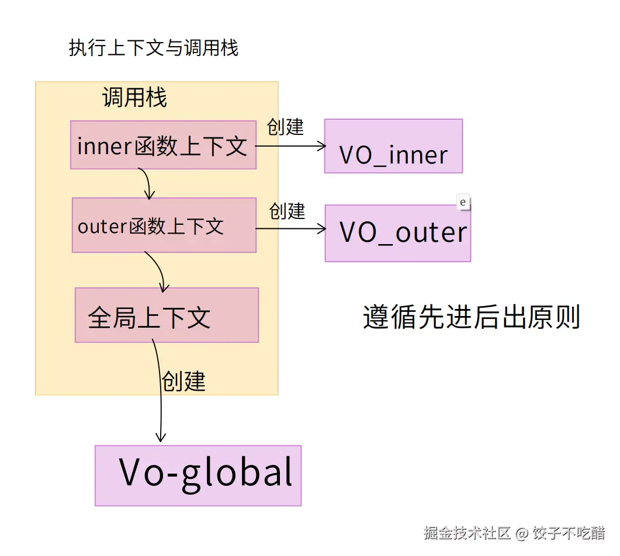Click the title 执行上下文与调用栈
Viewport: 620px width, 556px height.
[154, 48]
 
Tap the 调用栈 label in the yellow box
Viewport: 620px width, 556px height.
[135, 98]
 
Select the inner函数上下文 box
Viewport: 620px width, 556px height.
[163, 145]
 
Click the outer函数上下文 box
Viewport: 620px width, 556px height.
[164, 225]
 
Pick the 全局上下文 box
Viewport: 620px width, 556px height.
[167, 315]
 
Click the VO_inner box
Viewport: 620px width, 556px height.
[393, 147]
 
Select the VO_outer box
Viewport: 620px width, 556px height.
[397, 234]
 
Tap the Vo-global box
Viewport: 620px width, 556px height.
[198, 475]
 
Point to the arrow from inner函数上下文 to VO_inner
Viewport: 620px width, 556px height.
[290, 146]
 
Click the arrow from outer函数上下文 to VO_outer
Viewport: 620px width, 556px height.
[290, 228]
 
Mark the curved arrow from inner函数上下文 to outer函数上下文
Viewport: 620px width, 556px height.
[148, 183]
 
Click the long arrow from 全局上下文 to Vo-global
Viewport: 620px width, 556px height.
[160, 397]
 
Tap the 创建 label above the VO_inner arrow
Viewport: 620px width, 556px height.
[286, 127]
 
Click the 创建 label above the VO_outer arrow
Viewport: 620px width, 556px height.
[288, 211]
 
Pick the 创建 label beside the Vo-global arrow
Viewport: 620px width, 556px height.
[183, 381]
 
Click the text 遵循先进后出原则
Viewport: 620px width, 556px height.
[471, 318]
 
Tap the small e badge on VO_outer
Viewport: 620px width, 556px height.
[463, 202]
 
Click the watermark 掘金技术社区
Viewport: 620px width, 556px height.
[467, 533]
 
